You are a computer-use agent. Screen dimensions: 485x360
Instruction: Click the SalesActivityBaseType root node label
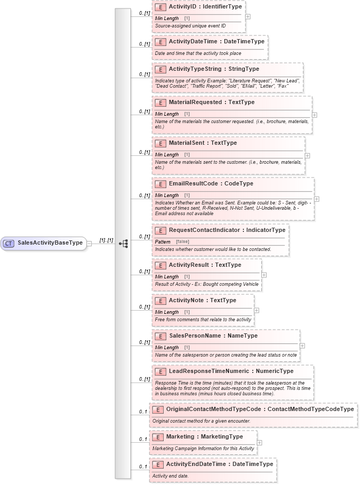[x=50, y=243]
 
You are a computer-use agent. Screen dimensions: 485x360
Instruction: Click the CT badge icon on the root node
[x=8, y=244]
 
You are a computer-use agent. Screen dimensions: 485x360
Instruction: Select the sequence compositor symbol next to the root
[x=124, y=244]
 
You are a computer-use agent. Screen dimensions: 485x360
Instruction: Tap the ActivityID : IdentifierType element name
[x=205, y=7]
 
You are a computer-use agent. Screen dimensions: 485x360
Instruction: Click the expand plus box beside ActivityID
[x=248, y=16]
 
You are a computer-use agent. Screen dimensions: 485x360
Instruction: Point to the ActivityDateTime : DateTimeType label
[x=216, y=41]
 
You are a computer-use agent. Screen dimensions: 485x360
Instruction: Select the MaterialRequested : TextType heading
[x=211, y=102]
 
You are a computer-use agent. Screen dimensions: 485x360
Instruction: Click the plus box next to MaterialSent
[x=307, y=156]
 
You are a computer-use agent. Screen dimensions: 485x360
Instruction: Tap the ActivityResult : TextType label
[x=205, y=265]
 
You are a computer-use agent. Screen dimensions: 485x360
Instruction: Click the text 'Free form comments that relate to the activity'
[x=203, y=320]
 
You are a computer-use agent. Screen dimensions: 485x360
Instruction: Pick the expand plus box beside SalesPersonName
[x=302, y=346]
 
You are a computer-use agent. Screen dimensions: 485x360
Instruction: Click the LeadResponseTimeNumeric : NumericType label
[x=231, y=371]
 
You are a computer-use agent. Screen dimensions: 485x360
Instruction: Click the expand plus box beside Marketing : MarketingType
[x=259, y=442]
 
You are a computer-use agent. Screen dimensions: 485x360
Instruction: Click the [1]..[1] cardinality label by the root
[x=107, y=240]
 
